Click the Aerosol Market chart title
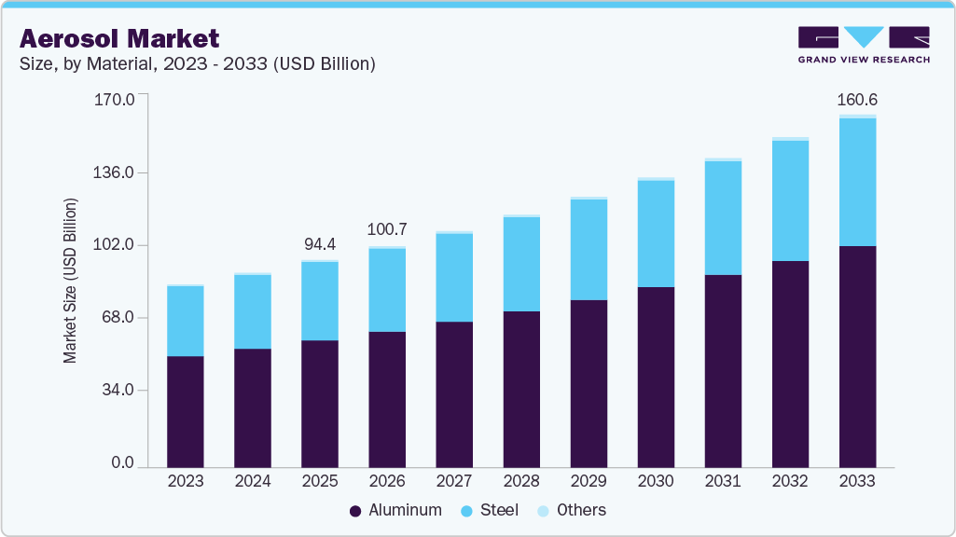click(119, 38)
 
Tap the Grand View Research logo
click(864, 45)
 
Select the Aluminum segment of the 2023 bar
click(186, 410)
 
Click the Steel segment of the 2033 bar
click(857, 182)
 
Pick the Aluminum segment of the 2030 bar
click(656, 377)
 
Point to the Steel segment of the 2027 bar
click(454, 278)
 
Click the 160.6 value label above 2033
click(857, 100)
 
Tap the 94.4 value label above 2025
click(320, 244)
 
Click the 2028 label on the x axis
click(521, 481)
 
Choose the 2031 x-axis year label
click(723, 481)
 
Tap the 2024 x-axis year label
click(253, 481)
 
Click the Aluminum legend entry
click(395, 510)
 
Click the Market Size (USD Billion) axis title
click(70, 281)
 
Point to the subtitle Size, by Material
click(197, 64)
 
